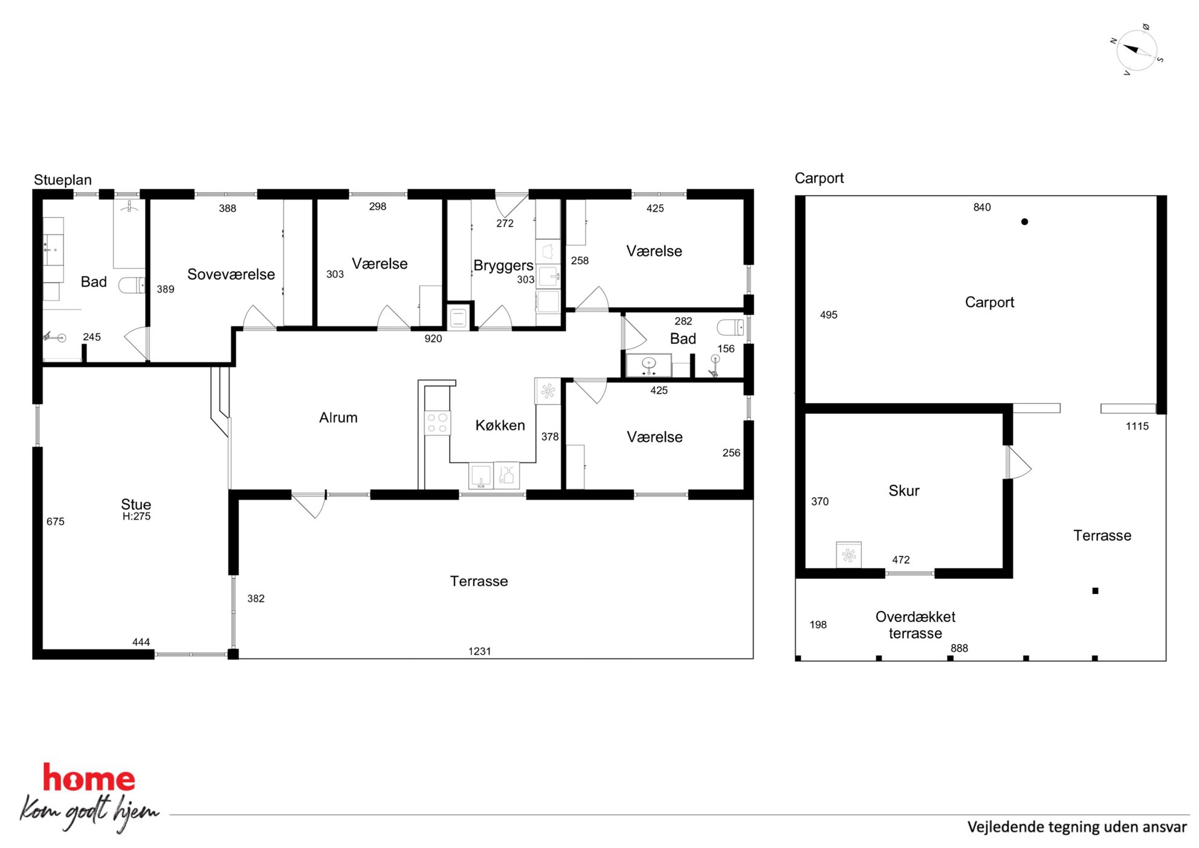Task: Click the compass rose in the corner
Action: tap(1136, 50)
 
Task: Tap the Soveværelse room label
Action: tap(231, 274)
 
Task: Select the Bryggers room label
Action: tap(503, 266)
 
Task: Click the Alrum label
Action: tap(338, 418)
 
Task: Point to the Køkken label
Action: tap(500, 425)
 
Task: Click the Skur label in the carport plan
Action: tap(904, 491)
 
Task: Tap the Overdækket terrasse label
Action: tap(916, 625)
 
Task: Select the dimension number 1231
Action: tap(480, 652)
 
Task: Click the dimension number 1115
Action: tap(1137, 426)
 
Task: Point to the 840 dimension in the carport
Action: tap(982, 207)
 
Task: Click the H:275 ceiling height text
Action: tap(137, 516)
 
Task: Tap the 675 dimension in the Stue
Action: tap(56, 522)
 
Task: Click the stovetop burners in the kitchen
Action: tap(438, 422)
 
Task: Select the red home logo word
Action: tap(89, 778)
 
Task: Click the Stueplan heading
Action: tap(63, 180)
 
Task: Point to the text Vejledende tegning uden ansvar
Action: tap(1077, 827)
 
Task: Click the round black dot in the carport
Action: tap(1024, 222)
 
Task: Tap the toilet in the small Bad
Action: tap(731, 327)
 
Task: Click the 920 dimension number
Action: tap(433, 339)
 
